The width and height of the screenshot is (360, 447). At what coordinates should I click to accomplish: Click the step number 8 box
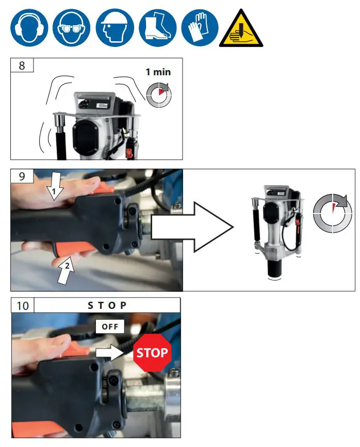coord(22,65)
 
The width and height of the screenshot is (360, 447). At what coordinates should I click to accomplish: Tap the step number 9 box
coord(22,176)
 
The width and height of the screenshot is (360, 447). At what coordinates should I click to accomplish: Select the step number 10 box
coord(23,305)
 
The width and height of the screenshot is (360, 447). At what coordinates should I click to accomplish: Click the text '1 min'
coord(158,73)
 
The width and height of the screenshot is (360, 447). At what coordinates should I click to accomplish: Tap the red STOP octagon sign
coord(152,353)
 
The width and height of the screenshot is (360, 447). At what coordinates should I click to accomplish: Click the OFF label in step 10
coord(110,326)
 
